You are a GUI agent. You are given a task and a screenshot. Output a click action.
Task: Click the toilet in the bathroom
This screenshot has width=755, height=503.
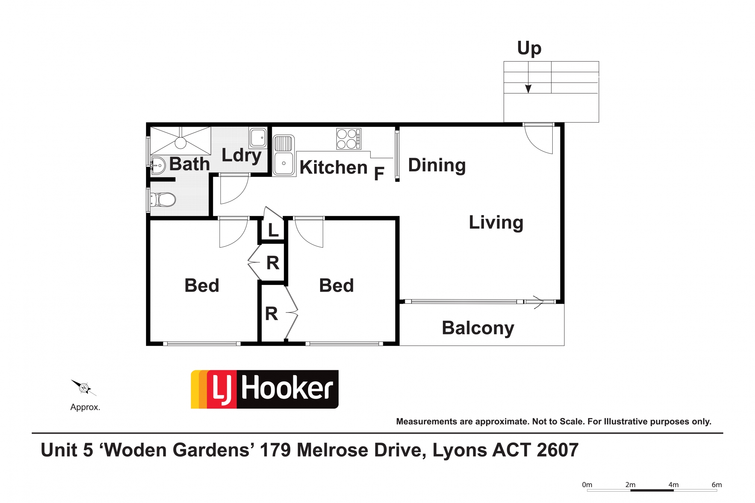pyautogui.click(x=163, y=200)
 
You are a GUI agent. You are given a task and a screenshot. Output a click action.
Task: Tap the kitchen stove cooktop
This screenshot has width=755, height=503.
pyautogui.click(x=349, y=139)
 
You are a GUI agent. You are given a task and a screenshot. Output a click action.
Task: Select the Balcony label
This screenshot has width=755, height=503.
pyautogui.click(x=478, y=328)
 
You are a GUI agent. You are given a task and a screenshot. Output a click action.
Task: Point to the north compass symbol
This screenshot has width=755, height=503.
pyautogui.click(x=84, y=388)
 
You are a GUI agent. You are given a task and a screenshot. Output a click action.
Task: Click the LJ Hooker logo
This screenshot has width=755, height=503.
pyautogui.click(x=265, y=389)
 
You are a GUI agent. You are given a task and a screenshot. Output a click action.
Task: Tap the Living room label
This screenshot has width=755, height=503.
pyautogui.click(x=496, y=223)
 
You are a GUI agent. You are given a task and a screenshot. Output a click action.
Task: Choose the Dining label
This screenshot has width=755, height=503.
pyautogui.click(x=437, y=165)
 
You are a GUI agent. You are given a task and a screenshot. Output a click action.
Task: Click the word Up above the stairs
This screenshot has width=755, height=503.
pyautogui.click(x=529, y=49)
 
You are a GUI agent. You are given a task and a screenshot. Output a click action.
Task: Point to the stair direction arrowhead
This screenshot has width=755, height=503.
pyautogui.click(x=528, y=89)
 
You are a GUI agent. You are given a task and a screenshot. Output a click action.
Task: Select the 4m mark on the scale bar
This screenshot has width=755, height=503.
pyautogui.click(x=673, y=485)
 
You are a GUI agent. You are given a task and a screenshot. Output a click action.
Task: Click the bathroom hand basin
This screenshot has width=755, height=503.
pyautogui.click(x=159, y=165)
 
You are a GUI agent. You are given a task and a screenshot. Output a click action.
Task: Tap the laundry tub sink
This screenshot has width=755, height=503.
pyautogui.click(x=258, y=137)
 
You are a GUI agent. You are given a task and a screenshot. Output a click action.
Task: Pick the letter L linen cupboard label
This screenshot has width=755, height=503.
pyautogui.click(x=273, y=230)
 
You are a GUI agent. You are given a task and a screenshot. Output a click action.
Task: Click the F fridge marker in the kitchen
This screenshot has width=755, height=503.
pyautogui.click(x=379, y=174)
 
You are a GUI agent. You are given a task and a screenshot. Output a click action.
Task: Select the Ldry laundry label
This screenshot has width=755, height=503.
pyautogui.click(x=242, y=155)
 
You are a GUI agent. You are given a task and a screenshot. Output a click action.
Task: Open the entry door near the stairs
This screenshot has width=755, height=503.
pyautogui.click(x=539, y=138)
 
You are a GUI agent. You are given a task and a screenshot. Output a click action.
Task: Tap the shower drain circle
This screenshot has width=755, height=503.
pyautogui.click(x=180, y=143)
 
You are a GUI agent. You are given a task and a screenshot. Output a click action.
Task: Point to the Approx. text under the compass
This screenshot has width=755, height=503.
pyautogui.click(x=85, y=408)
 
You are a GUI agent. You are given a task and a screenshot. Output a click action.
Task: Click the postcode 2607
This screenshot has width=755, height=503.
pyautogui.click(x=557, y=450)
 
